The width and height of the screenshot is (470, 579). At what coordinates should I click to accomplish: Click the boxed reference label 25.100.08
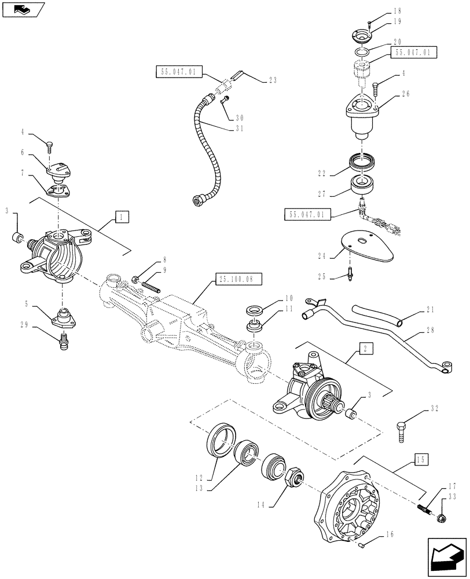[x=239, y=279]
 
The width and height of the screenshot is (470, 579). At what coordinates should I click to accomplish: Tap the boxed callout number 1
[x=122, y=217]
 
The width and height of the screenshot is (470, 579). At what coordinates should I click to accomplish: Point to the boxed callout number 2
[x=365, y=349]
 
